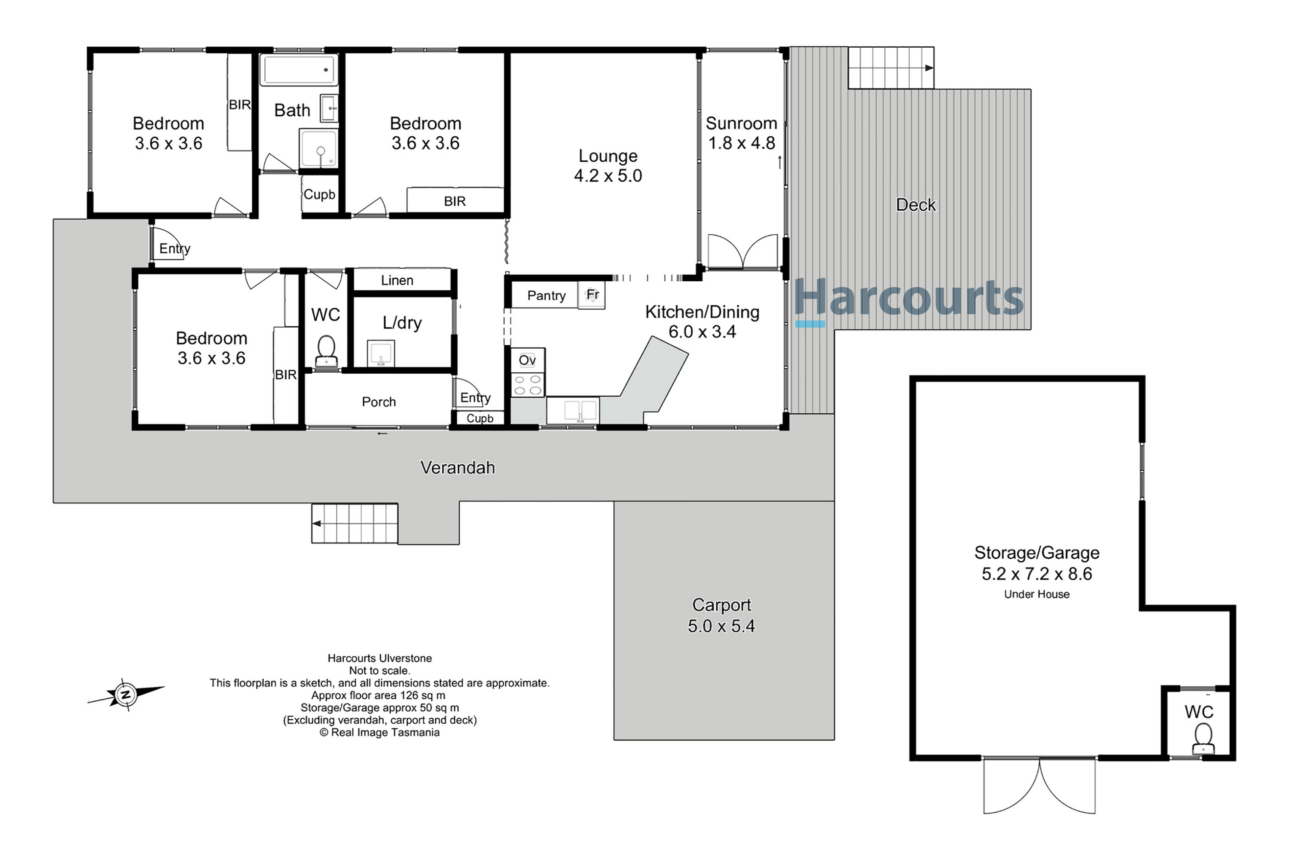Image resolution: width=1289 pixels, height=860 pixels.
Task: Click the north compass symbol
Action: click(x=126, y=694)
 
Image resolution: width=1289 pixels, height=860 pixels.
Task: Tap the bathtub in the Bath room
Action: click(x=299, y=70)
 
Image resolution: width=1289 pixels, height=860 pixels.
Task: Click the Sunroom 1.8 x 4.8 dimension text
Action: click(x=742, y=143)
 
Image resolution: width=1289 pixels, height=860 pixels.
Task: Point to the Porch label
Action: click(x=379, y=402)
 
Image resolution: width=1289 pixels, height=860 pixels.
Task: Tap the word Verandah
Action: click(x=458, y=467)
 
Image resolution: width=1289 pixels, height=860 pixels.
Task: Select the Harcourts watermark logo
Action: click(x=908, y=301)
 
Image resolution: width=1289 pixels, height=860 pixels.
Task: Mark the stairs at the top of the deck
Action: click(x=891, y=68)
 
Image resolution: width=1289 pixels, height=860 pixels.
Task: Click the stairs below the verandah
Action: click(x=354, y=524)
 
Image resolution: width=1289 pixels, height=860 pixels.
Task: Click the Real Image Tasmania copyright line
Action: click(x=379, y=732)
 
